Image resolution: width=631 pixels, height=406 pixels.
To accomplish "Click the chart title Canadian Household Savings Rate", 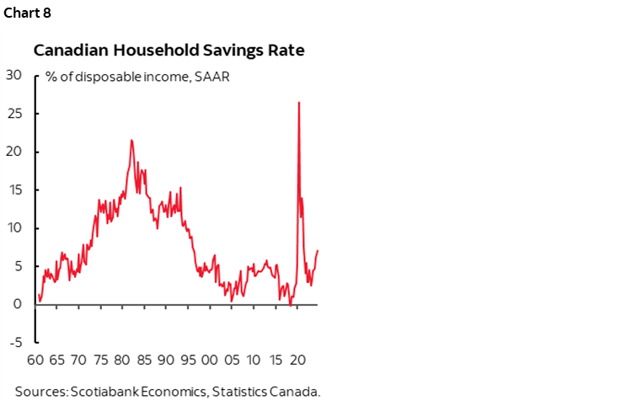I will [168, 51].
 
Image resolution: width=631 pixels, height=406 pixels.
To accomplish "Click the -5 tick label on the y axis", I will [14, 342].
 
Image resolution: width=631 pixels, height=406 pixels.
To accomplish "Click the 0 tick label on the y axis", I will [17, 304].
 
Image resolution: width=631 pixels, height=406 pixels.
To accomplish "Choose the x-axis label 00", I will [210, 361].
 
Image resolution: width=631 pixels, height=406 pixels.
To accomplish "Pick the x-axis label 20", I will [297, 361].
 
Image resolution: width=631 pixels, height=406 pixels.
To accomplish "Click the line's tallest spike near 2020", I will [299, 103].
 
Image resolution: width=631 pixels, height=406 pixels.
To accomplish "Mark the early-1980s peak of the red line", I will [131, 140].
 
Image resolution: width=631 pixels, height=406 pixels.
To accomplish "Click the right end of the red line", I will [318, 250].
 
